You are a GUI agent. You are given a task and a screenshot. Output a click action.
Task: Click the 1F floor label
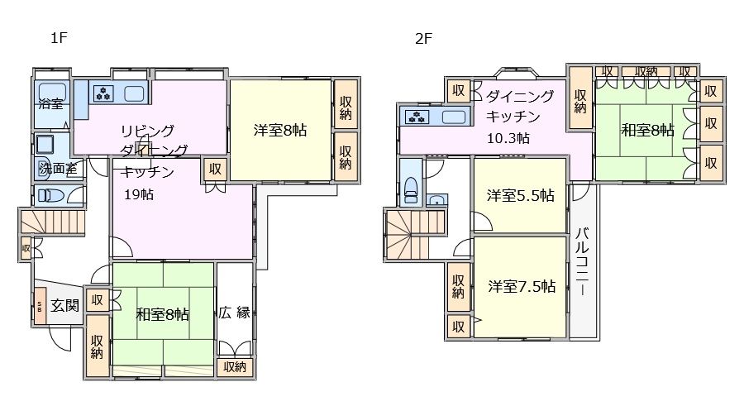click(57, 38)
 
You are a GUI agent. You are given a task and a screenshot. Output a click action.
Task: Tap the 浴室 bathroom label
click(50, 104)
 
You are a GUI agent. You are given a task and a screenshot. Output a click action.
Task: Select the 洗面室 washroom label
click(58, 169)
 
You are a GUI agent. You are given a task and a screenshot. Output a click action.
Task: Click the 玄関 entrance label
click(64, 305)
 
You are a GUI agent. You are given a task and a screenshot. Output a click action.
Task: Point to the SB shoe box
click(39, 306)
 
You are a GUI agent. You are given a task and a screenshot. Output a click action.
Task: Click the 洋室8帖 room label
click(281, 130)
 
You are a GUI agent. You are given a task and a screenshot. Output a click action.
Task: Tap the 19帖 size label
click(137, 195)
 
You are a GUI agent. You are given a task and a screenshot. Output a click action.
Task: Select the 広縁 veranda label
click(235, 313)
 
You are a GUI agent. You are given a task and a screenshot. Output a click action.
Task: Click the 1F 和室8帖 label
click(163, 314)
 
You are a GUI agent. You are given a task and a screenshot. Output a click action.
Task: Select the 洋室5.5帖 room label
click(520, 196)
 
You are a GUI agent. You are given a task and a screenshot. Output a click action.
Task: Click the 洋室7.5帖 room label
click(520, 287)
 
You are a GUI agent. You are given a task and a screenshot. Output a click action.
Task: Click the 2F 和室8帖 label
click(647, 130)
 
